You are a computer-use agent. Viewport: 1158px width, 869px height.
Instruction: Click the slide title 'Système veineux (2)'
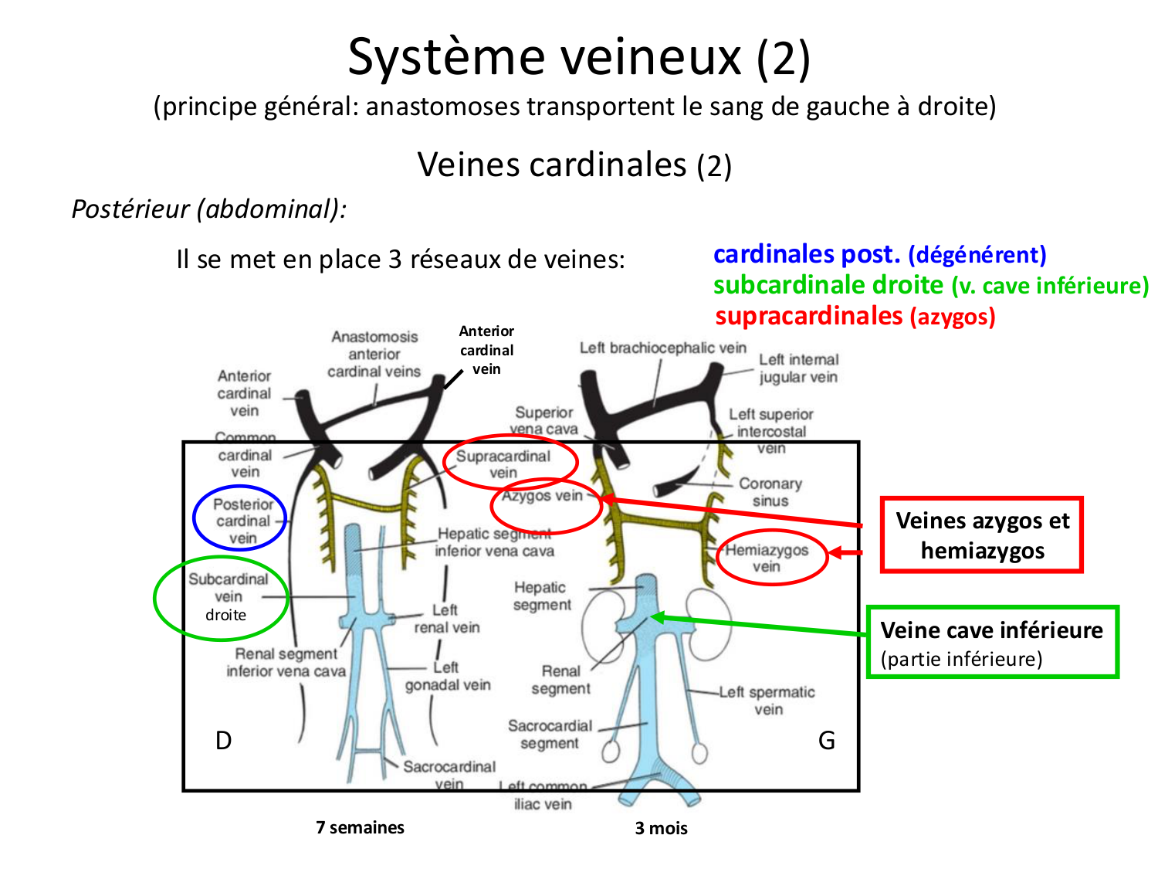click(579, 58)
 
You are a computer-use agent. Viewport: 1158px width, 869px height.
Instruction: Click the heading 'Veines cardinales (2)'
click(574, 165)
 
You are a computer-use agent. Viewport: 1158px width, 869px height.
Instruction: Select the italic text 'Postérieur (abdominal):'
click(209, 209)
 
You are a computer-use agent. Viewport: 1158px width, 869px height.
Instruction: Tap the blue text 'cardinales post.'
click(807, 254)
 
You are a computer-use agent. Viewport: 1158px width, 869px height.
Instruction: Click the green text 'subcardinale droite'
click(828, 285)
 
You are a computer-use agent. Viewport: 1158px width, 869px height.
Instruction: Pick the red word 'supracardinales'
click(808, 316)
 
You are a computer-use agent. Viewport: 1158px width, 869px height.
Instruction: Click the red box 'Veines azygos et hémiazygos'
click(982, 535)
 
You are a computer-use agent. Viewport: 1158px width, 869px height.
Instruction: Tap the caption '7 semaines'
click(360, 827)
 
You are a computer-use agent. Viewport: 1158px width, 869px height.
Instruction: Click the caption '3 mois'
click(661, 828)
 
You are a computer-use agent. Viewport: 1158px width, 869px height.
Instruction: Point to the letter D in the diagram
click(223, 741)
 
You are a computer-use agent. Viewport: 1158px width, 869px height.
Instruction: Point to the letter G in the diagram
click(826, 741)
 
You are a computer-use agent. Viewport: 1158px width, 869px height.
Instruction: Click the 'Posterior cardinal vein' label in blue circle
click(242, 521)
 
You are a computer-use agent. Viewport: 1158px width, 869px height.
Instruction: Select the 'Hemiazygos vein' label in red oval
click(766, 558)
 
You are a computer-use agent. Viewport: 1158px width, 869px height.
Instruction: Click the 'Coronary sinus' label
click(770, 492)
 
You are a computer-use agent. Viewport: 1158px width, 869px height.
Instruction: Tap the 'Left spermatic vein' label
click(767, 701)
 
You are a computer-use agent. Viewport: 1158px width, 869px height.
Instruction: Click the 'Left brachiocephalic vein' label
click(662, 348)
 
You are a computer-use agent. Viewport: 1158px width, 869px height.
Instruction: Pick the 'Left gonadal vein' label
click(448, 676)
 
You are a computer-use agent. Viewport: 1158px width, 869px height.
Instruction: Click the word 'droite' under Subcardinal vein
click(225, 616)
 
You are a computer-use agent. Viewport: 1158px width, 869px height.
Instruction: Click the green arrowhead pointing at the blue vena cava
click(657, 616)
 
